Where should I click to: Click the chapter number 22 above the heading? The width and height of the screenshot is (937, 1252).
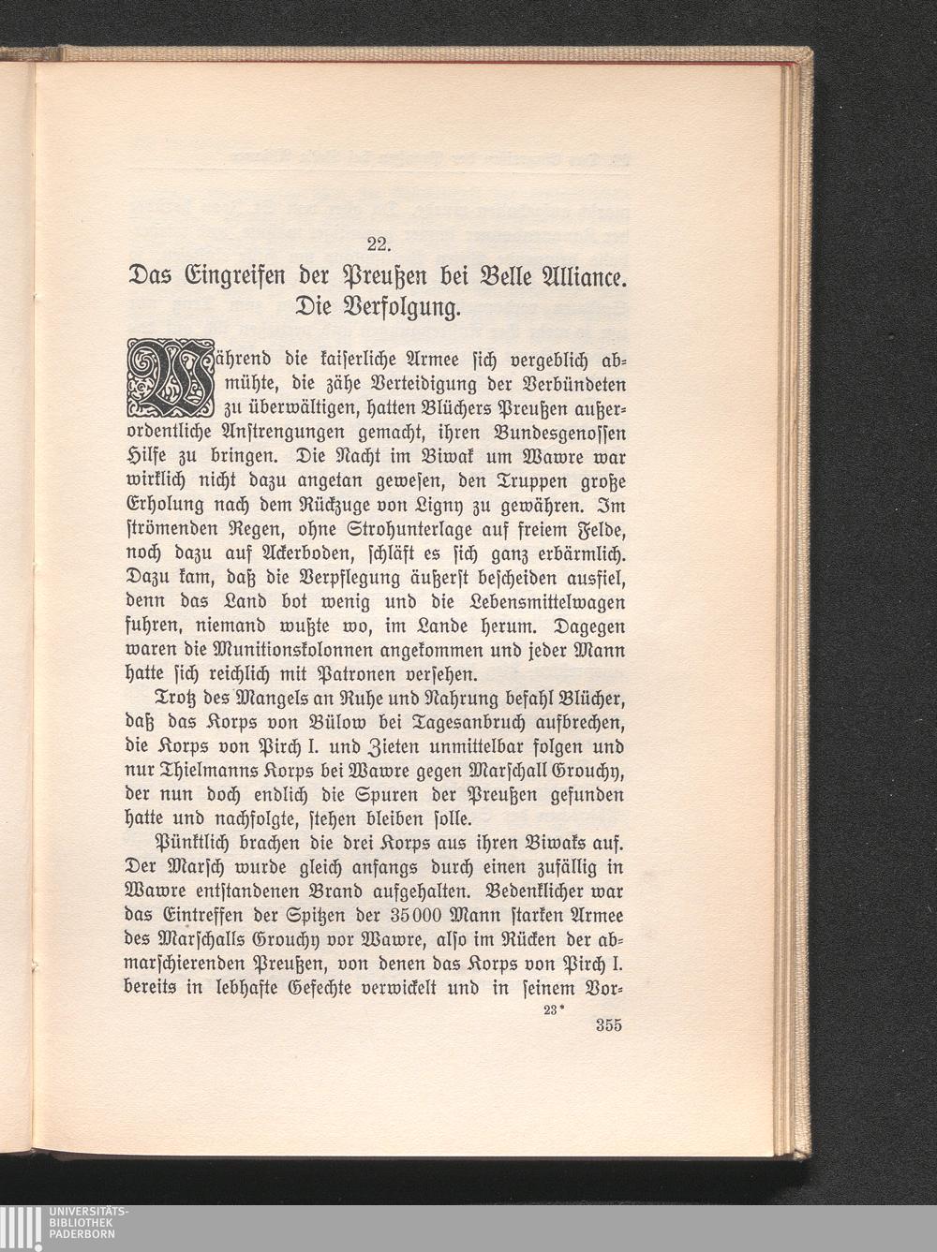379,246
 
